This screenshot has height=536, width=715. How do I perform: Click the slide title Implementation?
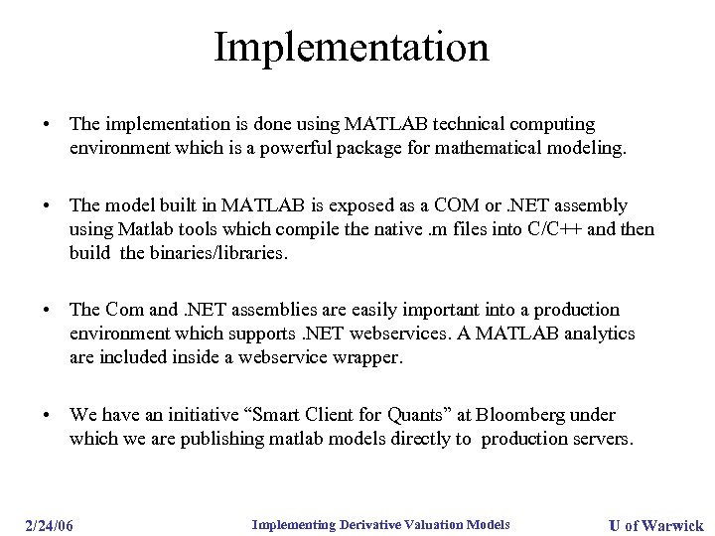click(x=352, y=48)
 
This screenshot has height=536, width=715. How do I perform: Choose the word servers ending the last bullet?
click(x=598, y=440)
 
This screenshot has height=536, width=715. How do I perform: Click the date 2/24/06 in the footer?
click(x=50, y=524)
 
